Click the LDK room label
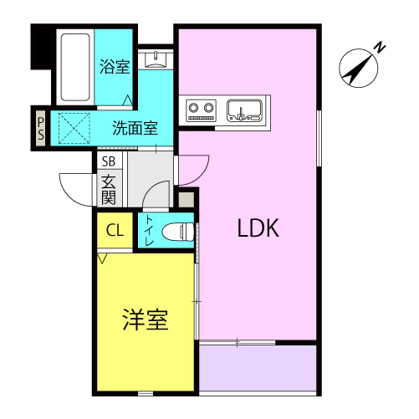(258, 227)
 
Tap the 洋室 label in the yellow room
(146, 319)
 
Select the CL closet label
(115, 230)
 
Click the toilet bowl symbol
(178, 232)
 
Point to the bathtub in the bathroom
(75, 67)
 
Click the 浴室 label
(115, 67)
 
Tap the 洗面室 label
(135, 128)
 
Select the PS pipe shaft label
(41, 129)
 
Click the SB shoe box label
(109, 161)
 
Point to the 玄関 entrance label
(109, 190)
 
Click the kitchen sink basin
(244, 110)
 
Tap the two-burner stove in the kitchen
(202, 110)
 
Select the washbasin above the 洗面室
(156, 59)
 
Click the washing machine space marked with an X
(74, 128)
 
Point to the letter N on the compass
(380, 48)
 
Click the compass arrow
(359, 68)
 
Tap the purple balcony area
(258, 368)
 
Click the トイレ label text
(149, 231)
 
